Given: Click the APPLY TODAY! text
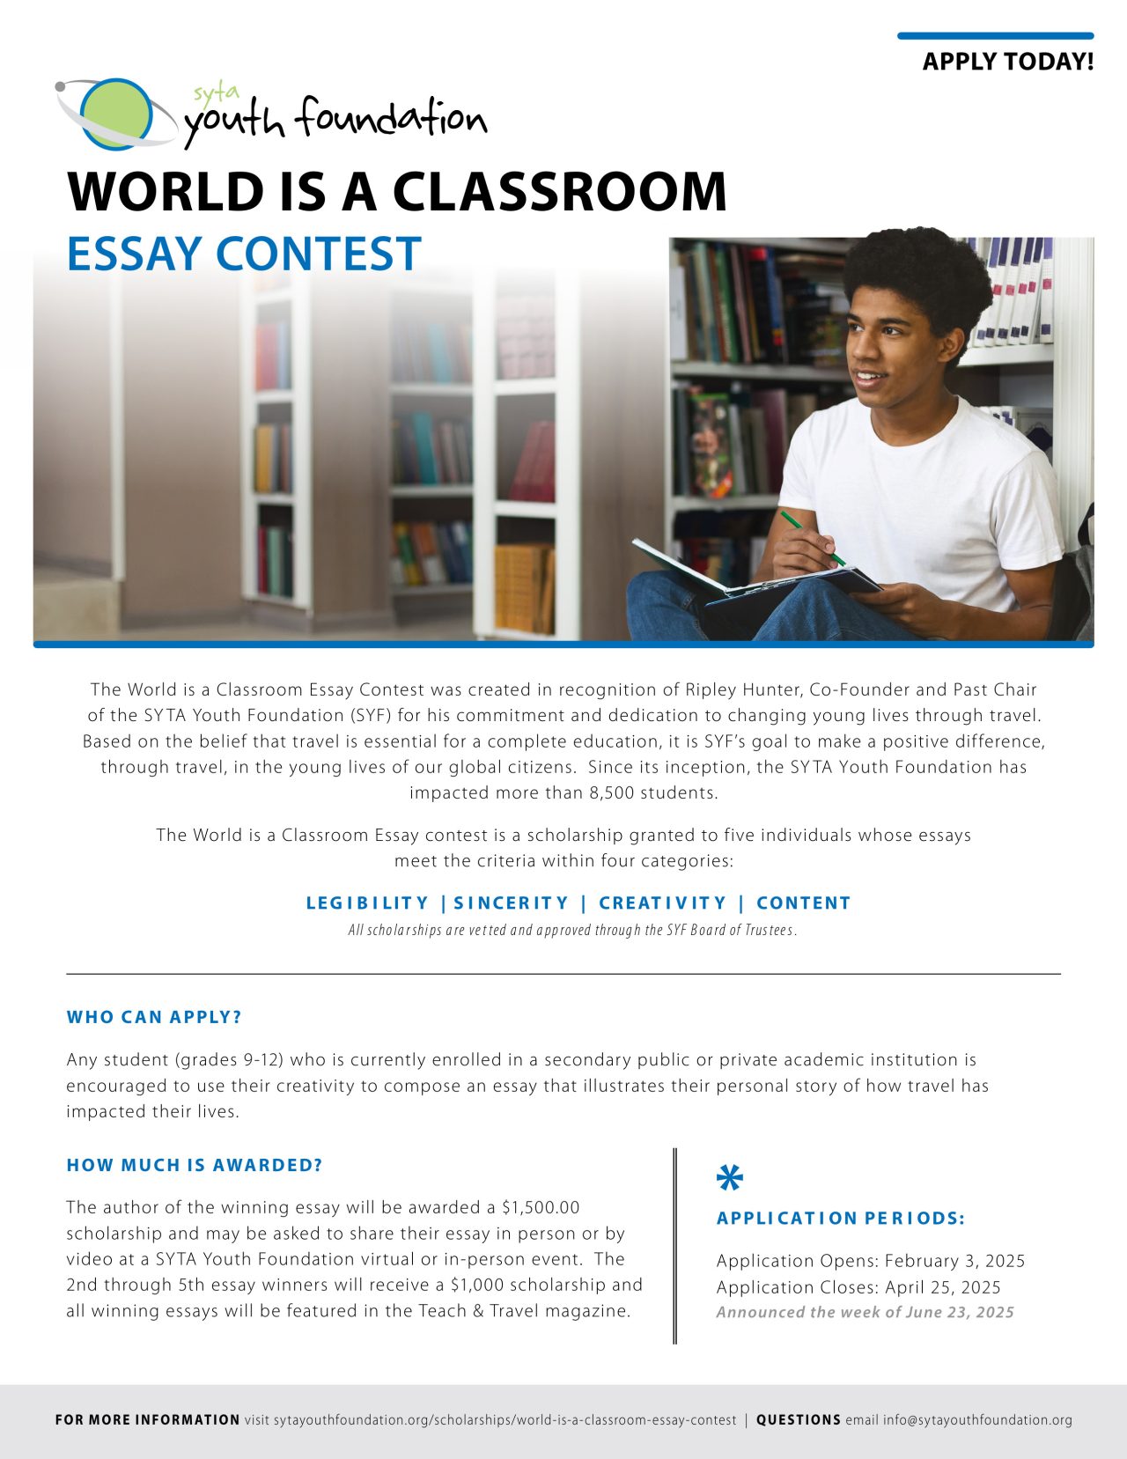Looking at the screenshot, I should (x=1008, y=62).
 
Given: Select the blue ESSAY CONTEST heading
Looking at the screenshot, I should (x=244, y=254).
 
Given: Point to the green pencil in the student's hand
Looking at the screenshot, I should (x=812, y=536).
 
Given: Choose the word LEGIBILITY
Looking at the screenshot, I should (x=367, y=903).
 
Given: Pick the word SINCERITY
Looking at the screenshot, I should (x=512, y=903).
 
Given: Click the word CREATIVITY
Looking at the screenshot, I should (x=663, y=903).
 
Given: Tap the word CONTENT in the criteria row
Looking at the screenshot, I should (x=803, y=903).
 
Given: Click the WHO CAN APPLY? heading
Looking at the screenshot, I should (x=154, y=1017).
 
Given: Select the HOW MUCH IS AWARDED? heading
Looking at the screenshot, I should (x=195, y=1165).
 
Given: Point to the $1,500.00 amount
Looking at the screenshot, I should (x=541, y=1207).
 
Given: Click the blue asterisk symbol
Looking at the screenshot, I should (x=730, y=1177).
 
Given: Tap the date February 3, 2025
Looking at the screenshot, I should (x=954, y=1261).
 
